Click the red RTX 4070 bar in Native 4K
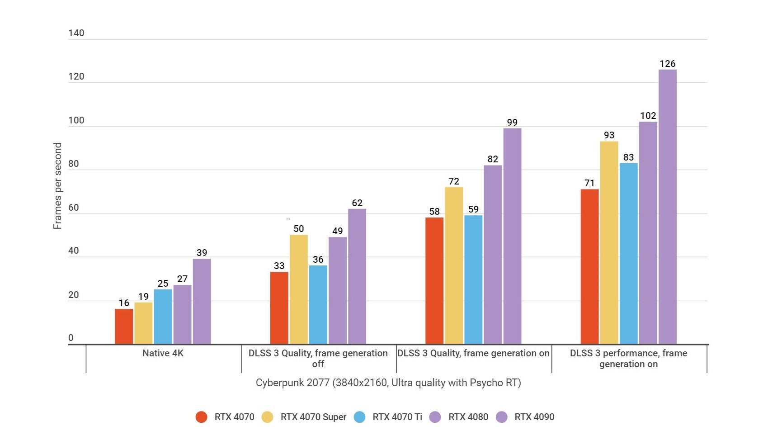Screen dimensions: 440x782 pyautogui.click(x=124, y=326)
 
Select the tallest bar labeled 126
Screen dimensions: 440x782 pyautogui.click(x=667, y=207)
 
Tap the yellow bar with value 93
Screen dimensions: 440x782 pyautogui.click(x=609, y=243)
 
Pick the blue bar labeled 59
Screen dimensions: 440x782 pyautogui.click(x=473, y=279)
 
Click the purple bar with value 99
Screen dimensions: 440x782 pyautogui.click(x=512, y=236)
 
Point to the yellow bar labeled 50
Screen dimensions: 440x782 pyautogui.click(x=298, y=289)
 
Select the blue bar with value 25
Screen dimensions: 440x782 pyautogui.click(x=163, y=317)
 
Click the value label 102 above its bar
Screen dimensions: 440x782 pyautogui.click(x=648, y=116)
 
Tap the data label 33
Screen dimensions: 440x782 pyautogui.click(x=279, y=266)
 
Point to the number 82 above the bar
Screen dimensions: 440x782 pyautogui.click(x=493, y=159)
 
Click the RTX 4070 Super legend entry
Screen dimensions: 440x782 pyautogui.click(x=313, y=417)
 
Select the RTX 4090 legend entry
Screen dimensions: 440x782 pyautogui.click(x=534, y=417)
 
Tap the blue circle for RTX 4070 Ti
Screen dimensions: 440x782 pyautogui.click(x=359, y=417)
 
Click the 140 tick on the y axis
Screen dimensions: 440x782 pyautogui.click(x=76, y=33)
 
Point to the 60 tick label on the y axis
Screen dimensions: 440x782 pyautogui.click(x=73, y=208)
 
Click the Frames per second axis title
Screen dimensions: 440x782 pyautogui.click(x=57, y=186)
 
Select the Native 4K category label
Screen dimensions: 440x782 pyautogui.click(x=163, y=353)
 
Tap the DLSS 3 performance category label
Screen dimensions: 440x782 pyautogui.click(x=628, y=359)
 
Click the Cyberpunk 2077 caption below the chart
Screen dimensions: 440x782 pyautogui.click(x=388, y=383)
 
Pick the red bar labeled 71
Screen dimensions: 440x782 pyautogui.click(x=589, y=267)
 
